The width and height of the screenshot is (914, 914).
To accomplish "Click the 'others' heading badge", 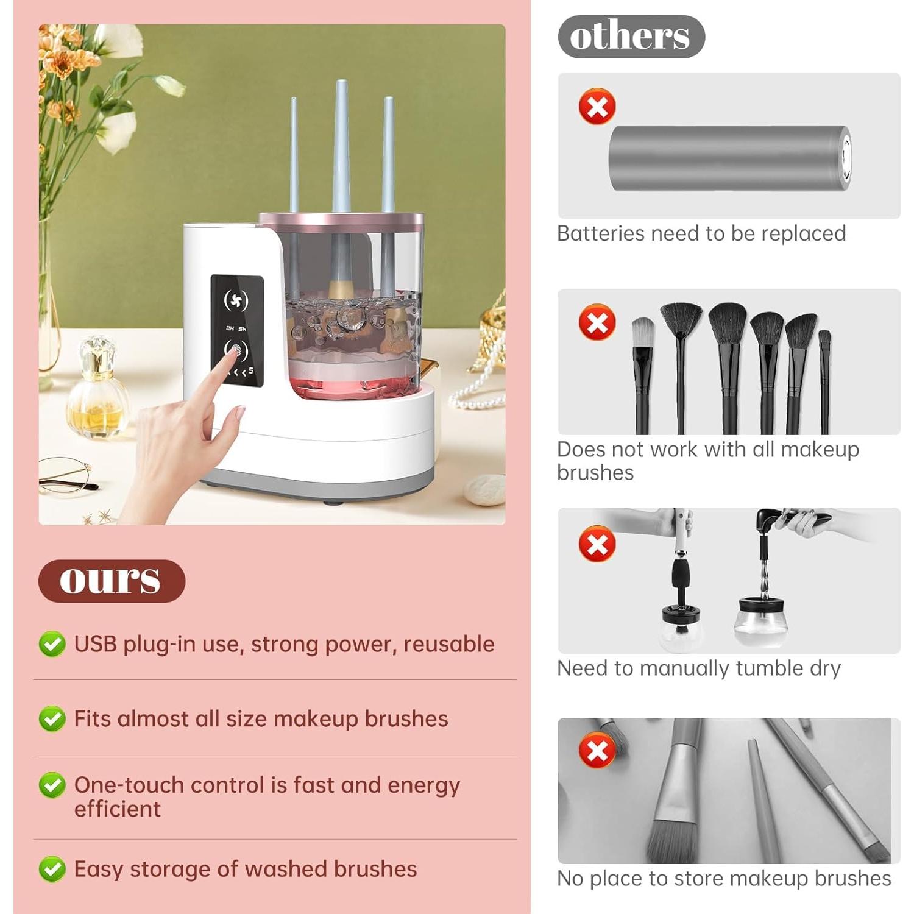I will click(631, 37).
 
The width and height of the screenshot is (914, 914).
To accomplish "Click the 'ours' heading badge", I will click(112, 581).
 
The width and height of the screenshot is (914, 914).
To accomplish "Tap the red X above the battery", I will click(597, 107).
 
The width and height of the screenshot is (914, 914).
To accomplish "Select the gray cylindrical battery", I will click(729, 158).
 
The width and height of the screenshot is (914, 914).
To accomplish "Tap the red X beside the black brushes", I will click(597, 322).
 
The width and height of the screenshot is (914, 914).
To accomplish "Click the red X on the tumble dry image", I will click(597, 544).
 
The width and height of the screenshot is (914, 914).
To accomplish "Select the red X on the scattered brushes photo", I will click(597, 751).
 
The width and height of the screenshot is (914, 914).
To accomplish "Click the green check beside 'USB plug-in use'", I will click(52, 644).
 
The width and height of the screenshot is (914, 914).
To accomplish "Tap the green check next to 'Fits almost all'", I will click(52, 719).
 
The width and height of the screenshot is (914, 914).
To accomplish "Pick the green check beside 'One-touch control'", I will click(52, 785).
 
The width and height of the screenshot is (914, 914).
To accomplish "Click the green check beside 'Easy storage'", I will click(52, 869).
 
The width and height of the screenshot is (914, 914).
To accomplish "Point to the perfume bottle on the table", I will click(97, 390).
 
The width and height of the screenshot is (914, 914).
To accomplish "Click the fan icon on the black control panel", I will click(236, 300).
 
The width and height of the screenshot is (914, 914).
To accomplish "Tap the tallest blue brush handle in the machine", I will click(341, 146).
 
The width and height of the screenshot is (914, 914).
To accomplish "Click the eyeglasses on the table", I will click(67, 475).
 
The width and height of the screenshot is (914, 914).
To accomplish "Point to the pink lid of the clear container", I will click(341, 220).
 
